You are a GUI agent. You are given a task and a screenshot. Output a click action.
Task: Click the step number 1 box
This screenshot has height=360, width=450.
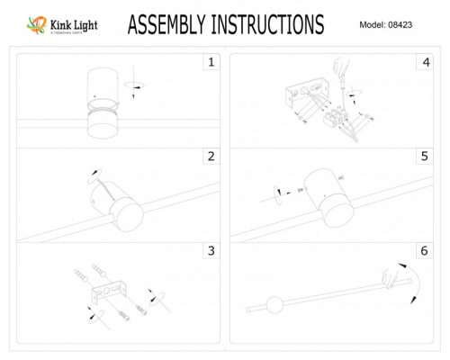point(210,63)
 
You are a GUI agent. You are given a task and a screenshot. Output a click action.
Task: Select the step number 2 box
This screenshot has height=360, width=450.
point(210,157)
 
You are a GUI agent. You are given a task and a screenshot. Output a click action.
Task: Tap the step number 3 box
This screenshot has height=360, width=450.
point(210,251)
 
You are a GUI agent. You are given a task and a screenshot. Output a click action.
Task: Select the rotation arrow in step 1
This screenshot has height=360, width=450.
point(138,85)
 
